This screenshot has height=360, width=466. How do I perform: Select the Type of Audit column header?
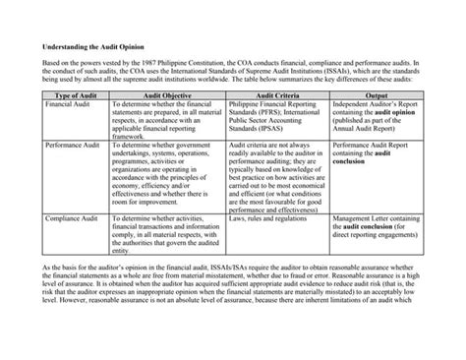[74, 94]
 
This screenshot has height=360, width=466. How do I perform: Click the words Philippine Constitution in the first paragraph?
[203, 63]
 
